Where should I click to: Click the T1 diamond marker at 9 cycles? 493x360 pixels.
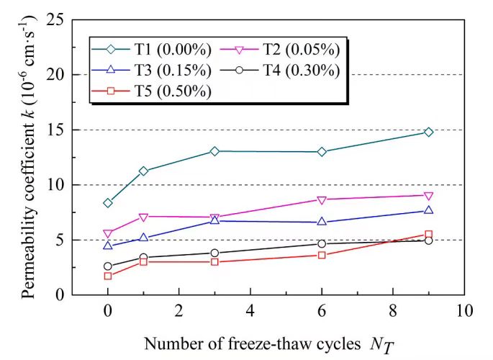click(x=428, y=132)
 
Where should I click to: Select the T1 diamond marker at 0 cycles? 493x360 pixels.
click(x=108, y=203)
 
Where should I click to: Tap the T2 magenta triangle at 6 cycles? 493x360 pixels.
click(x=322, y=199)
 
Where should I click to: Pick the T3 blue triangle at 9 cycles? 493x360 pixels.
click(x=428, y=210)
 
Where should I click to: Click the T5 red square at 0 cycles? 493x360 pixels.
click(x=108, y=276)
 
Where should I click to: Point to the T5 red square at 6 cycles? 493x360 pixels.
click(x=322, y=255)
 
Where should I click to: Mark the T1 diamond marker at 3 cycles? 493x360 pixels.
click(x=214, y=151)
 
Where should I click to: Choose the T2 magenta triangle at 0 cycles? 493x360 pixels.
click(x=108, y=233)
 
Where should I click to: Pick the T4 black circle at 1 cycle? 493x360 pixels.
click(x=143, y=257)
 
